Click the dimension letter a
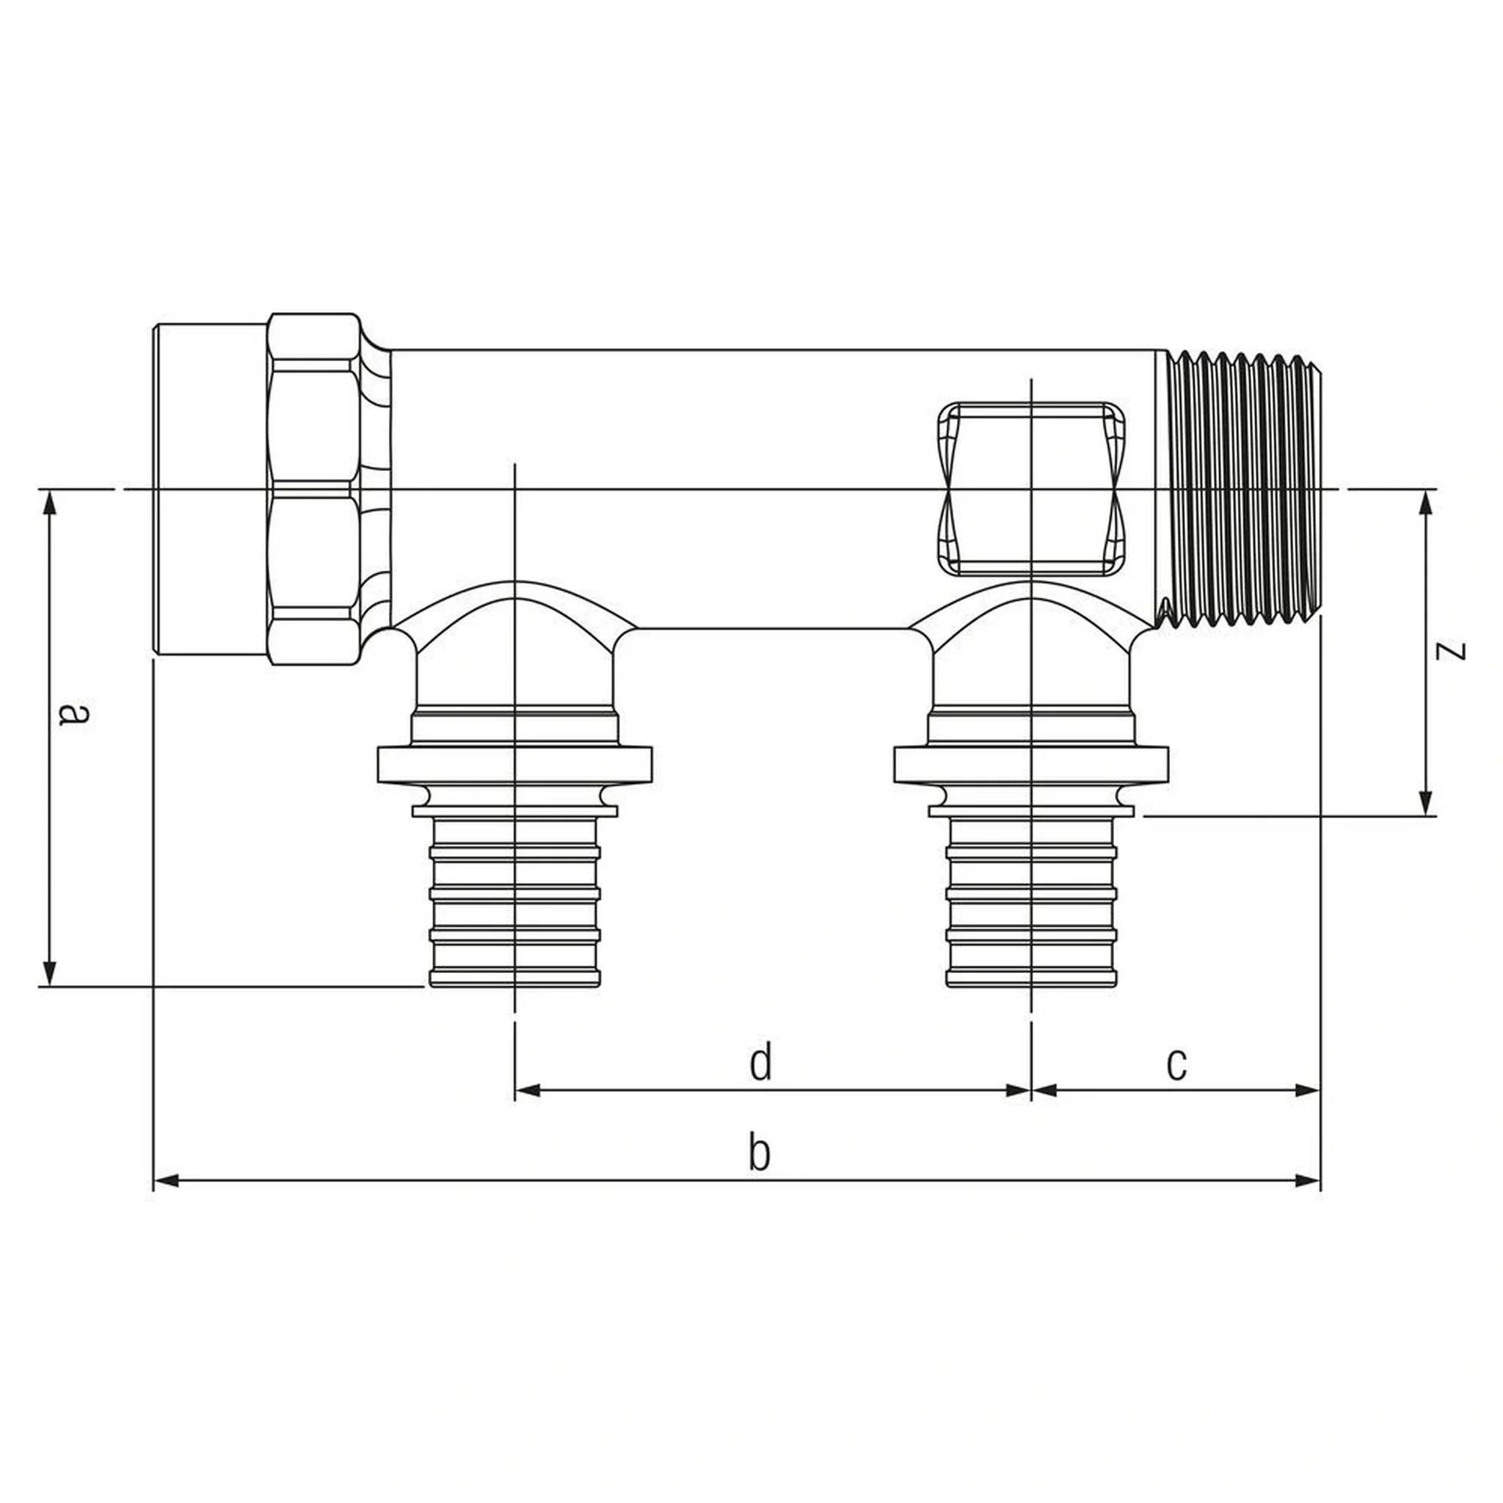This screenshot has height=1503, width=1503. pyautogui.click(x=75, y=713)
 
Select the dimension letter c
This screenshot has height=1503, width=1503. pyautogui.click(x=1177, y=1066)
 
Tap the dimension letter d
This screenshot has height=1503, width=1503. pyautogui.click(x=760, y=1063)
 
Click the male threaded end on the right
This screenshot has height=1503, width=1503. pyautogui.click(x=1240, y=490)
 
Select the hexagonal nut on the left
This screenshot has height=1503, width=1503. pyautogui.click(x=313, y=490)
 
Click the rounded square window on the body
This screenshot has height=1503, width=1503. pyautogui.click(x=1032, y=490)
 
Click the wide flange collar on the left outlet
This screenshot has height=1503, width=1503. pyautogui.click(x=514, y=765)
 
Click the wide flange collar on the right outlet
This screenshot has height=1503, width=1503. pyautogui.click(x=1032, y=765)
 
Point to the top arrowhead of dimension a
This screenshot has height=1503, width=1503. pyautogui.click(x=50, y=503)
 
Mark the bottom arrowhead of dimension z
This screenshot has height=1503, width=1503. pyautogui.click(x=1426, y=803)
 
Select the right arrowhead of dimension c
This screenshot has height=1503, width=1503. pyautogui.click(x=1308, y=1090)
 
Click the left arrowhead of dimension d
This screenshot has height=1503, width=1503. pyautogui.click(x=528, y=1090)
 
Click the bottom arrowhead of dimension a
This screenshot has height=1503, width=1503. pyautogui.click(x=50, y=973)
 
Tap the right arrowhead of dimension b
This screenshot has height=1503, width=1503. pyautogui.click(x=1308, y=1181)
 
